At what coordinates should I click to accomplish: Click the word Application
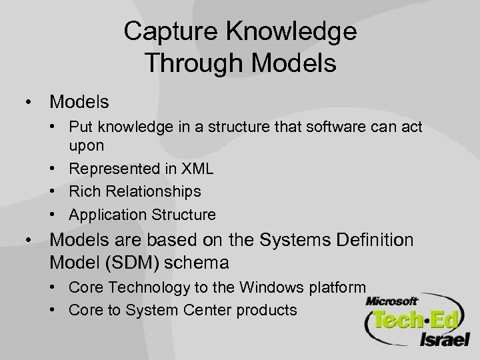pos(105,215)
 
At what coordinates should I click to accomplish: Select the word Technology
pos(146,287)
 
